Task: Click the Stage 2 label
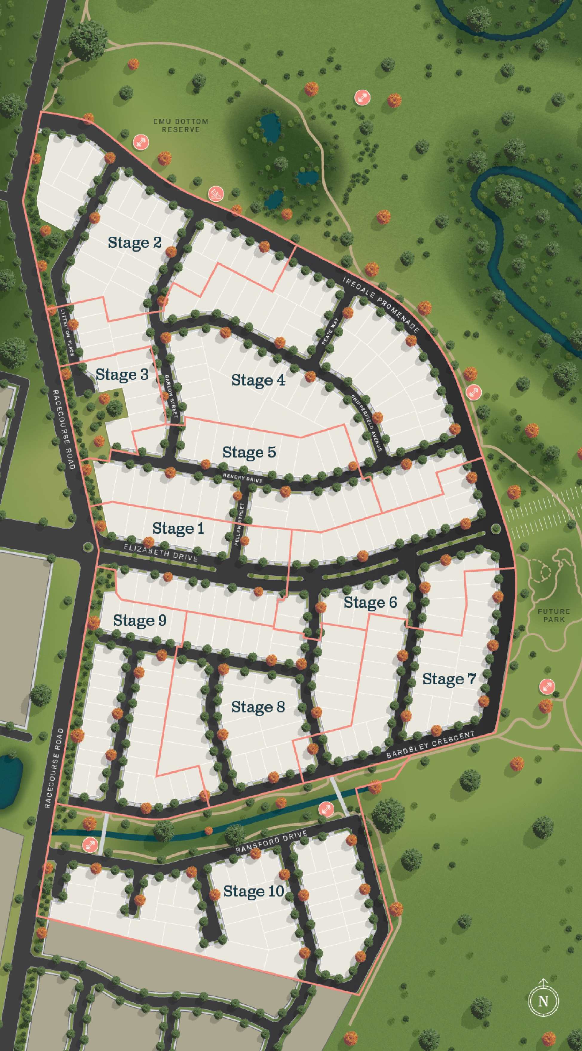pyautogui.click(x=134, y=242)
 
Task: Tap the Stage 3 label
pyautogui.click(x=122, y=374)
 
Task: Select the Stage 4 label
pyautogui.click(x=258, y=380)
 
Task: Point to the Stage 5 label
pyautogui.click(x=249, y=452)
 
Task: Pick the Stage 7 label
pyautogui.click(x=449, y=679)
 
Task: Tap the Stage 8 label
pyautogui.click(x=258, y=707)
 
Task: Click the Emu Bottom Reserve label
pyautogui.click(x=181, y=125)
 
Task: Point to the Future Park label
pyautogui.click(x=553, y=615)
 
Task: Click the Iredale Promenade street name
pyautogui.click(x=381, y=305)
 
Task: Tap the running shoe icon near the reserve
pyautogui.click(x=216, y=193)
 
